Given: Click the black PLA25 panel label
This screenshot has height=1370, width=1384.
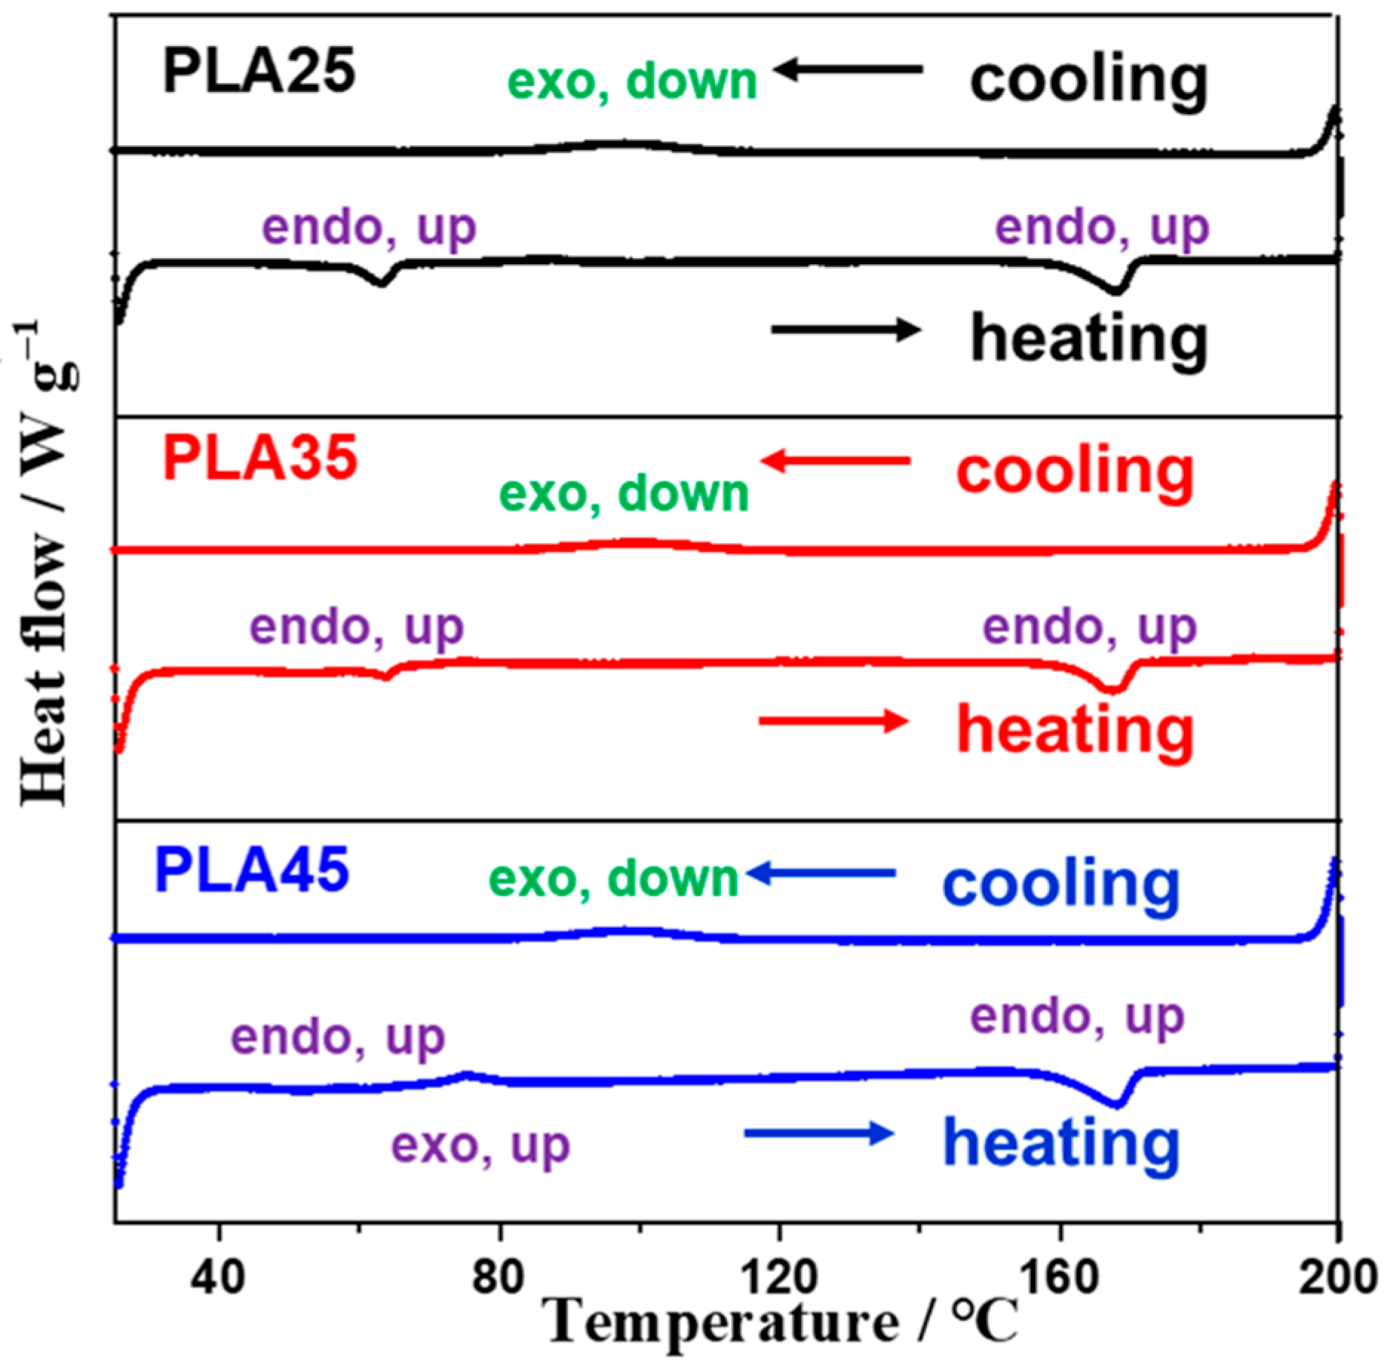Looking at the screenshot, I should (x=259, y=72).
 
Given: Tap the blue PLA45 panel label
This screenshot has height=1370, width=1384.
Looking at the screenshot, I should (x=251, y=869).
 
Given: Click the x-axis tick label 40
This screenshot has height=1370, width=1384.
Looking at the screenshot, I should (x=219, y=1278).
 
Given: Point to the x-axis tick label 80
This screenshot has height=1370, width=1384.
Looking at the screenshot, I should (x=499, y=1278).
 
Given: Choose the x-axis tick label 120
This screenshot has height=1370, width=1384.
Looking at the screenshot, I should (x=779, y=1278).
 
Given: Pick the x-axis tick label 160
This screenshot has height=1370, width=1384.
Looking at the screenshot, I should (x=1060, y=1278).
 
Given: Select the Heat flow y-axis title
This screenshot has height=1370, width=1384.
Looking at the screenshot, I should (x=46, y=564).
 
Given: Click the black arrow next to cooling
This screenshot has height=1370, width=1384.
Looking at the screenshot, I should (x=847, y=70).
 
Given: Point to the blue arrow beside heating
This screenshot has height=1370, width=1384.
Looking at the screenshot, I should (x=818, y=1133).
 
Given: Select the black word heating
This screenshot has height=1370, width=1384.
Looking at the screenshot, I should (x=1089, y=339).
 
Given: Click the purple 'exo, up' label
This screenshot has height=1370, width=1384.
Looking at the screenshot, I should (x=481, y=1145).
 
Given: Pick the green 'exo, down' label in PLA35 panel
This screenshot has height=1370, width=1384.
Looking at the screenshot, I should (x=624, y=494).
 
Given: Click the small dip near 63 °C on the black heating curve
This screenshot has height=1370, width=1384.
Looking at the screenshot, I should (x=381, y=282).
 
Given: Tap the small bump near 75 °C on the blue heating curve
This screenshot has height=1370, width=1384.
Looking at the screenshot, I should (x=467, y=1074).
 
